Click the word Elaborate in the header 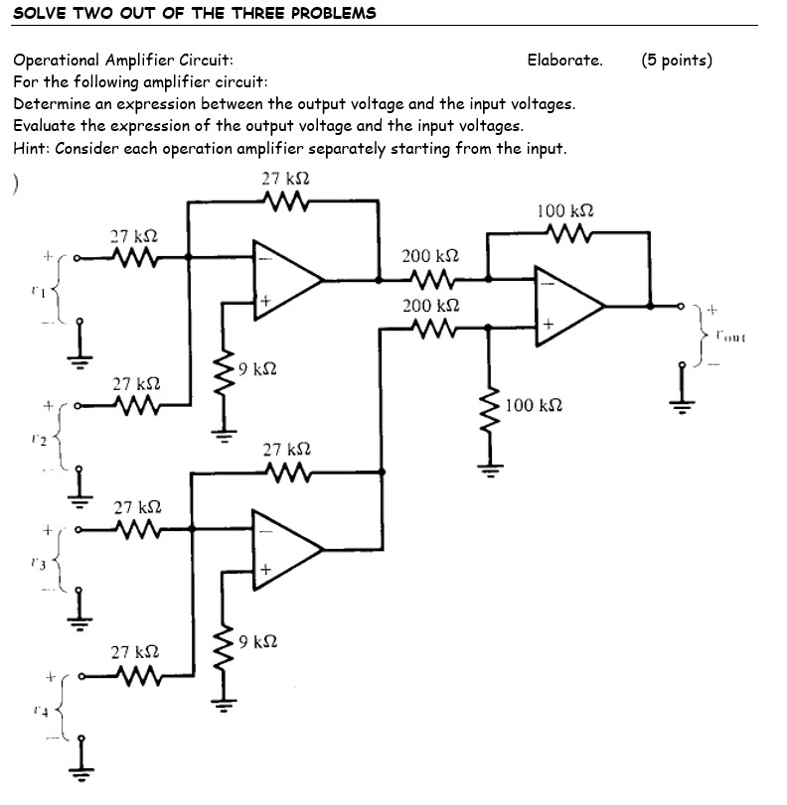point(564,60)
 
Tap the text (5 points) point(677,60)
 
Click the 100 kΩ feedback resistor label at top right point(565,210)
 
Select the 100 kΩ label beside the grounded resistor point(534,405)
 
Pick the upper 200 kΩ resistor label point(429,256)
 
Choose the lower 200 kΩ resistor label point(429,306)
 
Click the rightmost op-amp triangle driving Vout point(565,304)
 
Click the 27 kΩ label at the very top point(285,178)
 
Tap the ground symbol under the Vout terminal point(683,397)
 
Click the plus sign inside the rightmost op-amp point(547,325)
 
